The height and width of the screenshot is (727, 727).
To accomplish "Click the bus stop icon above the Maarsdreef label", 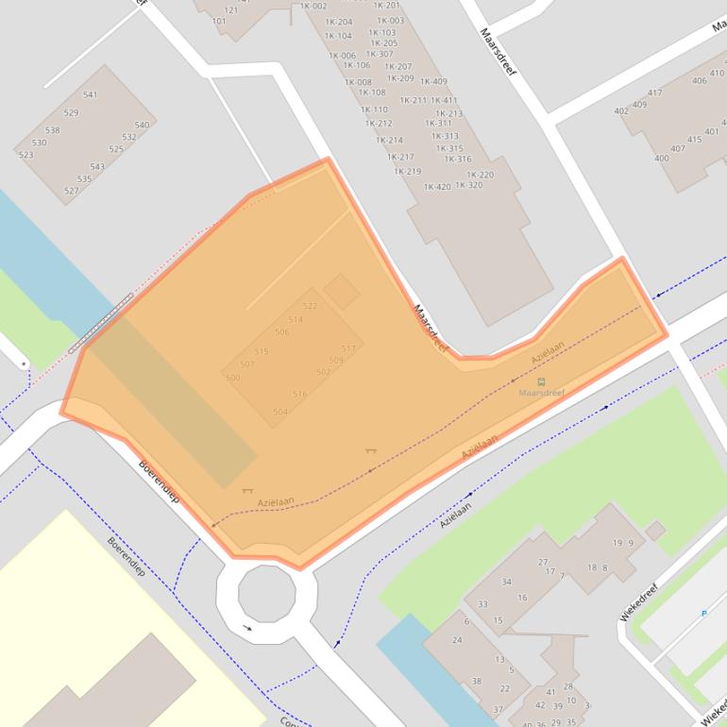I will click(541, 381).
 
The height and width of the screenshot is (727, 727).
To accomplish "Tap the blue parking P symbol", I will click(703, 614).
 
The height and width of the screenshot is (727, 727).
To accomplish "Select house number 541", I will click(90, 94).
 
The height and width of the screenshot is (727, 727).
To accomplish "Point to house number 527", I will click(71, 191).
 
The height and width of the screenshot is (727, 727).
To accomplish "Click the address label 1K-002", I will click(313, 7).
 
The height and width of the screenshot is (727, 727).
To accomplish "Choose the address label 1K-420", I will click(437, 186).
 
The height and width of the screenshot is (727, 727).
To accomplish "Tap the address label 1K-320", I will click(468, 185).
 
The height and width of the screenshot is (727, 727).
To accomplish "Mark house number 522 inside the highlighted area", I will click(310, 306).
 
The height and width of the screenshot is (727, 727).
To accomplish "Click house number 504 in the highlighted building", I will click(279, 412).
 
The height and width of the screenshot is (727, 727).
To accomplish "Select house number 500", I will click(232, 378).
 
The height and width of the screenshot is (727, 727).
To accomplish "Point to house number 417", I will click(655, 93).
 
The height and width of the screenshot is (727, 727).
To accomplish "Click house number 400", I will click(661, 158).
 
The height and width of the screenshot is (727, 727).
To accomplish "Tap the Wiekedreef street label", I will click(638, 600).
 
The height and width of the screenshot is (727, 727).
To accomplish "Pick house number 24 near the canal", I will click(458, 640).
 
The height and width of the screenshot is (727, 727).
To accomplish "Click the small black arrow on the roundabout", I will click(247, 628).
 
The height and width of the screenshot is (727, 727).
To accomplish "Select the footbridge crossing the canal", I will click(99, 323).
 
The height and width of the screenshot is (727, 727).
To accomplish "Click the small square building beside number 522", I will click(341, 292).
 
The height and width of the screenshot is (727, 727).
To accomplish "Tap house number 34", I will click(506, 582).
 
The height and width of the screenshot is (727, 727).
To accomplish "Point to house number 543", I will click(97, 167).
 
